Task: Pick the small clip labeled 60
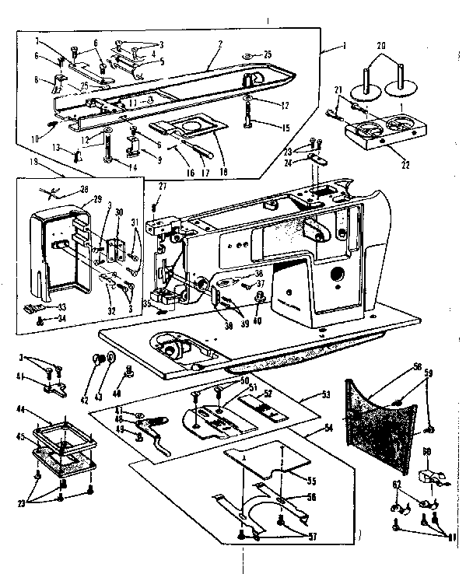[429, 476]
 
